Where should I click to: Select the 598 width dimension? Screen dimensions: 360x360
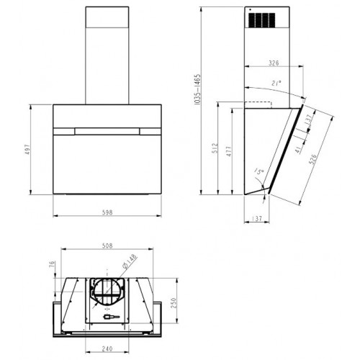coord(107,212)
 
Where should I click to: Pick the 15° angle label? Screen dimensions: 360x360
coord(258,171)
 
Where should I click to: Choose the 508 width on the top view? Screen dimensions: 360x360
coord(107,246)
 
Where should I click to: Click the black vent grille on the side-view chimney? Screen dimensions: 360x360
coord(262,21)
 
